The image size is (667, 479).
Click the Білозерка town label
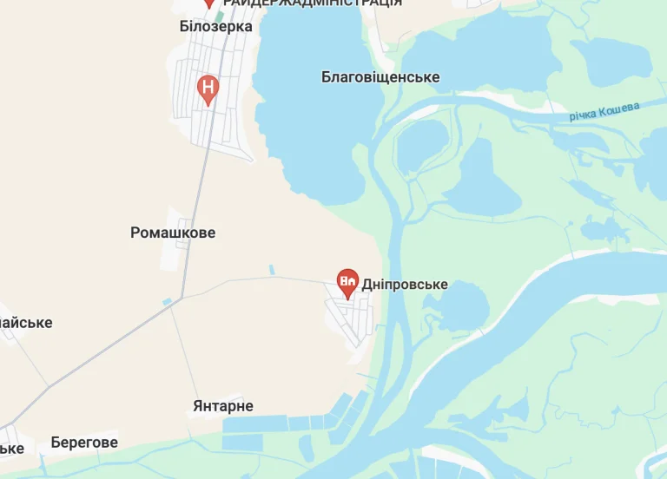[215, 26]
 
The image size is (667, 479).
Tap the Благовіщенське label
[380, 77]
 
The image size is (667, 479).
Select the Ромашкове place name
[173, 233]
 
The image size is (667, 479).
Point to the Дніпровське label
[405, 285]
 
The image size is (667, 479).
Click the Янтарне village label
[223, 406]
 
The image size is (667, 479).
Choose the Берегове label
[84, 443]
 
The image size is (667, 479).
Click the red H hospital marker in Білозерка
[208, 88]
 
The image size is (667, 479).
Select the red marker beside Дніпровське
[347, 281]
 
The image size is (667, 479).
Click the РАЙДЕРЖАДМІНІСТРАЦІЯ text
[313, 3]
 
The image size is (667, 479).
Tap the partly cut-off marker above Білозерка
[208, 3]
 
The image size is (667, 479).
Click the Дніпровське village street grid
[352, 317]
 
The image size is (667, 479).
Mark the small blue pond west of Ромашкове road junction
[167, 301]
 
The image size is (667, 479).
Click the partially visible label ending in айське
[24, 323]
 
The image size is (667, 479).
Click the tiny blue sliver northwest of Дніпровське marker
[271, 270]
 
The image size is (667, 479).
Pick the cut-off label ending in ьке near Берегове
[11, 448]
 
